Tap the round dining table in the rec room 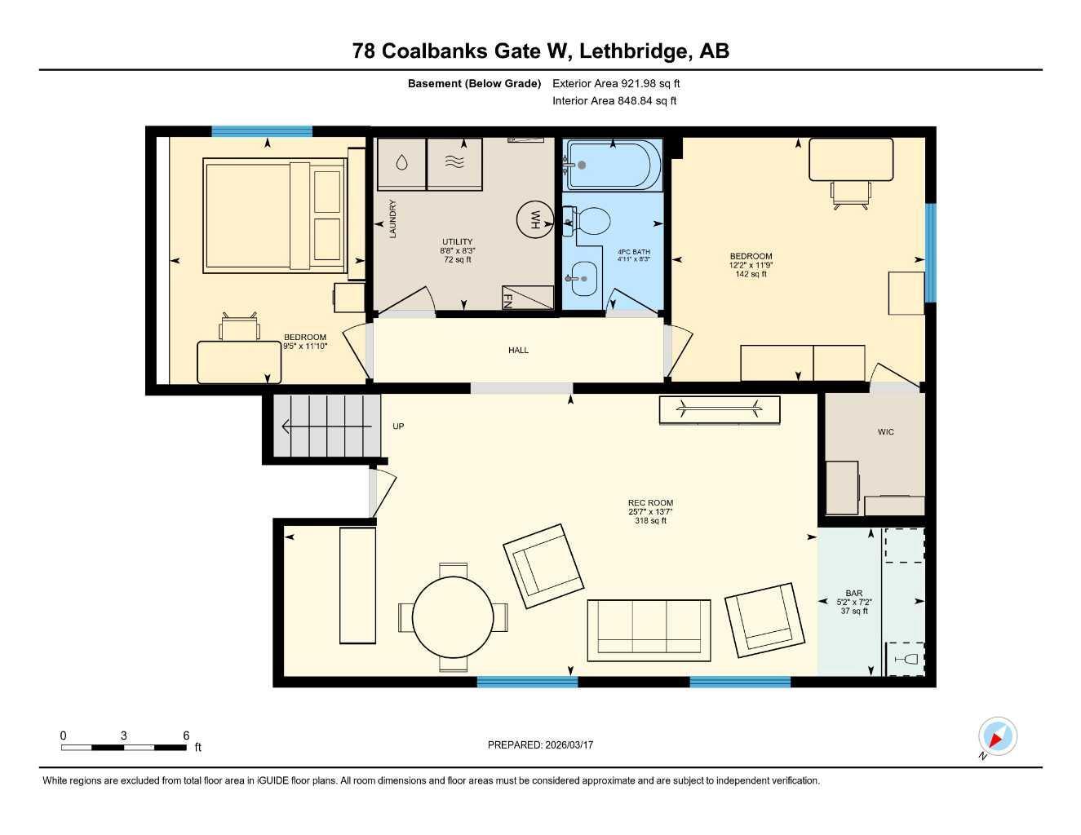pyautogui.click(x=453, y=616)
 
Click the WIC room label pyautogui.click(x=886, y=432)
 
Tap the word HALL pyautogui.click(x=518, y=351)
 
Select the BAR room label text pyautogui.click(x=853, y=594)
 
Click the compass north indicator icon pyautogui.click(x=997, y=737)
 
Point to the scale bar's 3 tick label pyautogui.click(x=124, y=736)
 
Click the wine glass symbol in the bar pyautogui.click(x=906, y=659)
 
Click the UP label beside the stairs pyautogui.click(x=398, y=426)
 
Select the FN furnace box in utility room pyautogui.click(x=528, y=298)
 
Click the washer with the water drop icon pyautogui.click(x=401, y=163)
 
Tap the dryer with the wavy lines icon pyautogui.click(x=455, y=163)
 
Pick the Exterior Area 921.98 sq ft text pyautogui.click(x=616, y=83)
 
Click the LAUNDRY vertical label pyautogui.click(x=392, y=219)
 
